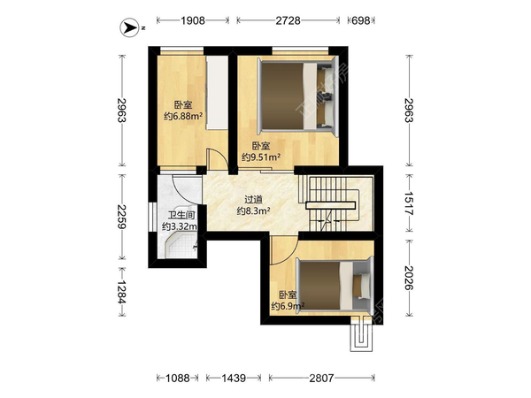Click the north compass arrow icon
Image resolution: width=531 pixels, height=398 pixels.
tap(129, 27)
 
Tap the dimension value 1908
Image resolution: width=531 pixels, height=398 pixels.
tap(193, 20)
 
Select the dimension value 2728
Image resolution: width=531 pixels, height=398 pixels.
tap(288, 20)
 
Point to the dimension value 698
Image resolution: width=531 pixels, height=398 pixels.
tap(361, 20)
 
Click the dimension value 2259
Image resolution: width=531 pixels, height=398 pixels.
tap(121, 217)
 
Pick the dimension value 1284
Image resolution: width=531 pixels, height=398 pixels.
tap(121, 292)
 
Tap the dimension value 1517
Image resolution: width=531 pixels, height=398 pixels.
tap(409, 203)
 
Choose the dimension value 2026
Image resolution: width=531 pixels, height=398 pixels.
tap(409, 278)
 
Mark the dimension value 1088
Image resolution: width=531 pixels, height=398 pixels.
tap(178, 378)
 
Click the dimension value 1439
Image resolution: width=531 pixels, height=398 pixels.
tap(234, 378)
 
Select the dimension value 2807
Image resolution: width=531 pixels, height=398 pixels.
tap(321, 378)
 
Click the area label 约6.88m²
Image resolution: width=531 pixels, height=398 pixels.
tap(183, 117)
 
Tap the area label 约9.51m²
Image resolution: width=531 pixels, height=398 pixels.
tap(261, 157)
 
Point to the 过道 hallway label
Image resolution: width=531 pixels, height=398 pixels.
tap(254, 200)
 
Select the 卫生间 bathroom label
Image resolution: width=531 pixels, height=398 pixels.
tap(181, 215)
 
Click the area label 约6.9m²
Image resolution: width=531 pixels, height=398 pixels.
tap(288, 306)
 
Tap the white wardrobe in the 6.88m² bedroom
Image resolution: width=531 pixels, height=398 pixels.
tap(217, 92)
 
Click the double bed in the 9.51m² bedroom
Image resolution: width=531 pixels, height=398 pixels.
tap(298, 96)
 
